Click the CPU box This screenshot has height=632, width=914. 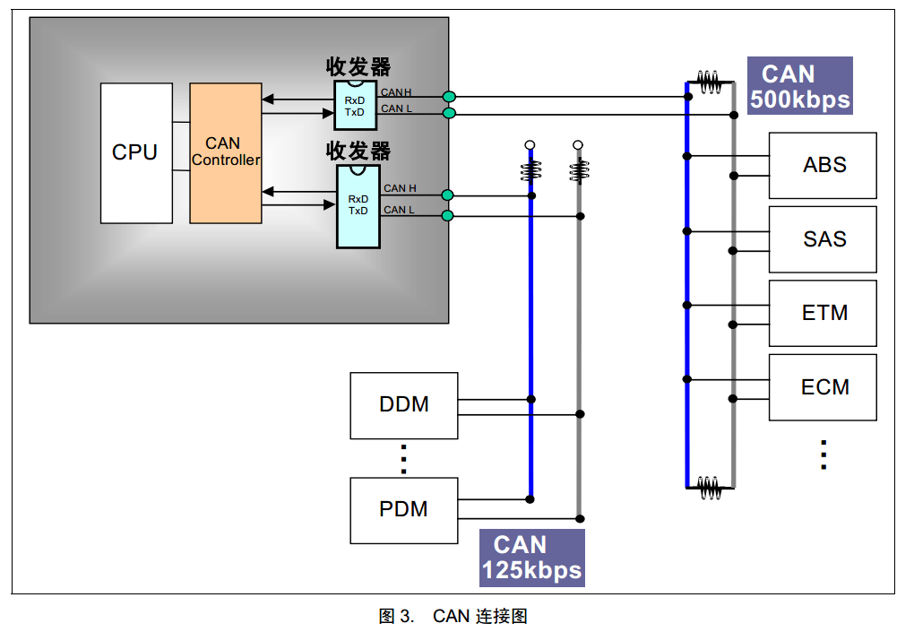(136, 152)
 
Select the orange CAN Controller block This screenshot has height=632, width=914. (226, 152)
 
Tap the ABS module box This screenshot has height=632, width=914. (823, 165)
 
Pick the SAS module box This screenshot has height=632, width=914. (823, 239)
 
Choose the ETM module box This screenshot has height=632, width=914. (823, 313)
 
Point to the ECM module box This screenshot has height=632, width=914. (823, 387)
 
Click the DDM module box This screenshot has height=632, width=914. (404, 405)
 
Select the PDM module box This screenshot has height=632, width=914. (404, 510)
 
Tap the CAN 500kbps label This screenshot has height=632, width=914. (799, 86)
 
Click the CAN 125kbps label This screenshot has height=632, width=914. (532, 558)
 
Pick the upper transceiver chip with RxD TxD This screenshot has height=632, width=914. (356, 106)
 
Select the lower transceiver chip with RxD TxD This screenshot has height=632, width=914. (358, 205)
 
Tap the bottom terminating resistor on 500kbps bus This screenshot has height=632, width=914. (710, 487)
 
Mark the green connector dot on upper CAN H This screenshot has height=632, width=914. (449, 96)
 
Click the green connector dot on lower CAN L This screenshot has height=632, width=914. (448, 215)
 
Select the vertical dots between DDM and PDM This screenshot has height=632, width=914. (404, 458)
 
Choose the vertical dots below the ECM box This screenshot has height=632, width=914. (823, 455)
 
